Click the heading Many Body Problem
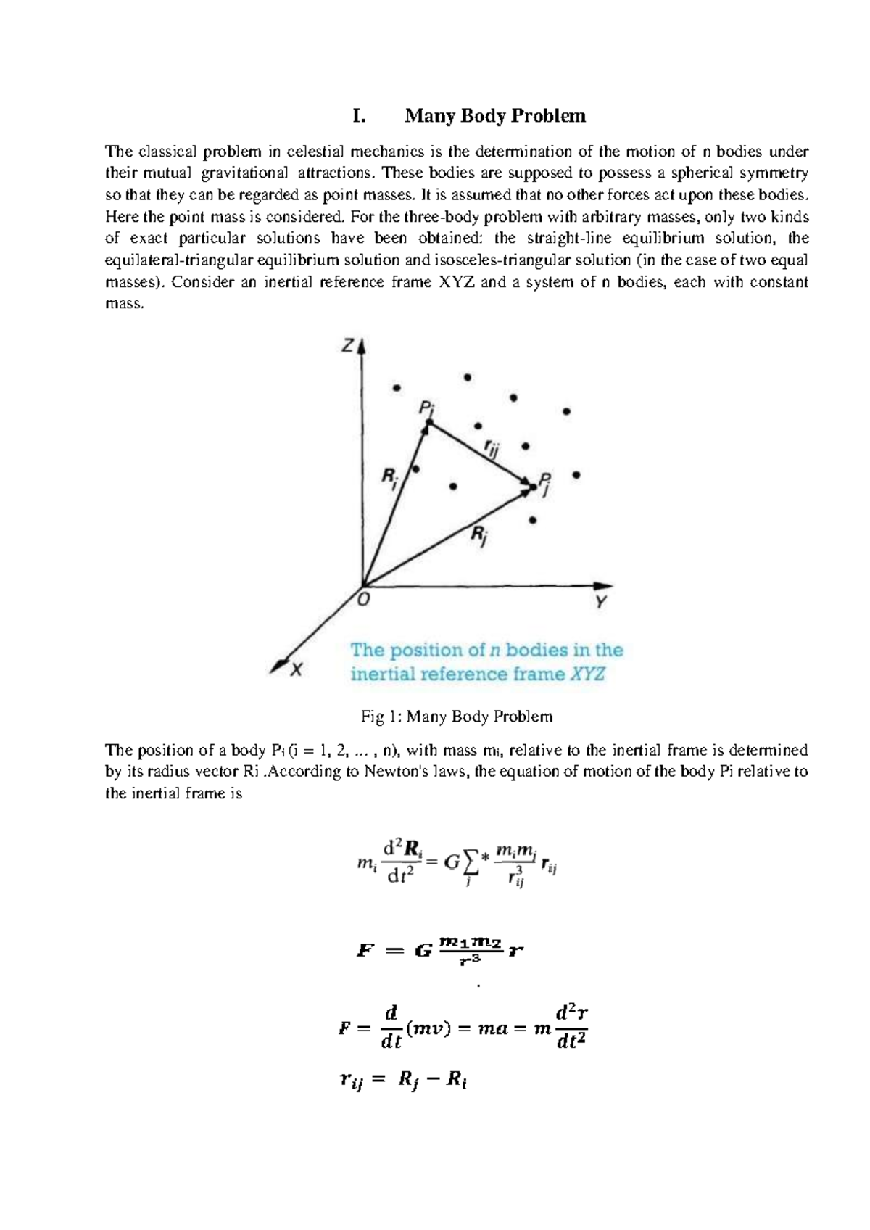pos(494,116)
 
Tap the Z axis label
pos(347,347)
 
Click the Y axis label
pos(601,602)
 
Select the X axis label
pos(296,671)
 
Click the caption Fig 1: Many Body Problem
pos(457,717)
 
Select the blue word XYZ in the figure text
pos(587,674)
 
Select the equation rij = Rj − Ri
pos(403,1081)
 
